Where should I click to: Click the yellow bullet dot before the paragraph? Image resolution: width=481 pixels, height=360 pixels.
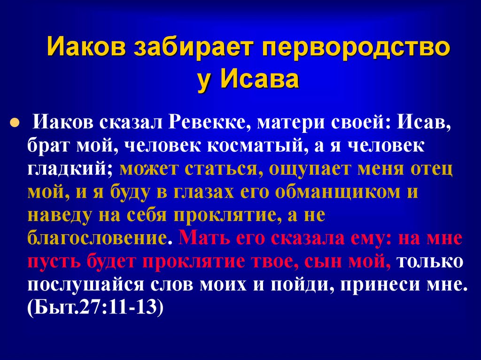pyautogui.click(x=15, y=122)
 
